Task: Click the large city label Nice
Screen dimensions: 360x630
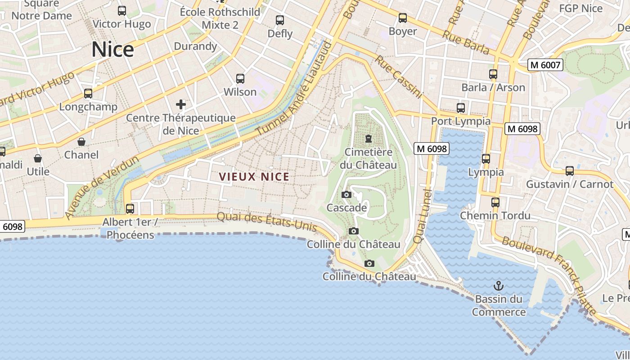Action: (112, 49)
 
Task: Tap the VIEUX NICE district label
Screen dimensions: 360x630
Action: (254, 177)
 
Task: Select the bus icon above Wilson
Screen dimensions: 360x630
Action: (240, 79)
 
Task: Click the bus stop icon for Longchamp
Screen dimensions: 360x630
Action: (88, 94)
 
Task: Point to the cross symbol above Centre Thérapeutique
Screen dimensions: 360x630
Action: (181, 105)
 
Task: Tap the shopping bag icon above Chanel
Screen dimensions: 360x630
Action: (81, 142)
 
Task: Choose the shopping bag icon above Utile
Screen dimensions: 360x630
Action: (38, 158)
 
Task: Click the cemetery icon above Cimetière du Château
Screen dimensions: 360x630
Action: (369, 138)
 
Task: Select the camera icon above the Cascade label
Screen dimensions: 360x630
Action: (346, 195)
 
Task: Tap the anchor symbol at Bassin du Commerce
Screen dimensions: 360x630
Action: (498, 285)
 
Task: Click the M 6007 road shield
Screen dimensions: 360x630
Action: (545, 65)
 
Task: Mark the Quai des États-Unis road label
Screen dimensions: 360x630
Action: (266, 222)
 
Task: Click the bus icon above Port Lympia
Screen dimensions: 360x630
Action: (460, 108)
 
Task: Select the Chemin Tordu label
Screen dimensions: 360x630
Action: (495, 216)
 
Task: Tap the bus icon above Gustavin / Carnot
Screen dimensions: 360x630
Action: (570, 171)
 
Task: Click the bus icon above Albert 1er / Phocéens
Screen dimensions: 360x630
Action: (130, 209)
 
